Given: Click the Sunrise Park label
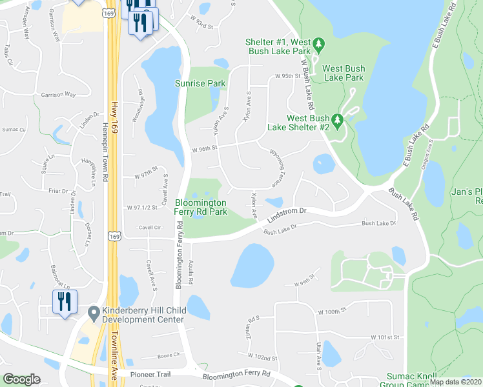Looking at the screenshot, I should click(200, 83).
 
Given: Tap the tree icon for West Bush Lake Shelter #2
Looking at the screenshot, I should click(336, 120).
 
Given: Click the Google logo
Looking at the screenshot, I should click(21, 379).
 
